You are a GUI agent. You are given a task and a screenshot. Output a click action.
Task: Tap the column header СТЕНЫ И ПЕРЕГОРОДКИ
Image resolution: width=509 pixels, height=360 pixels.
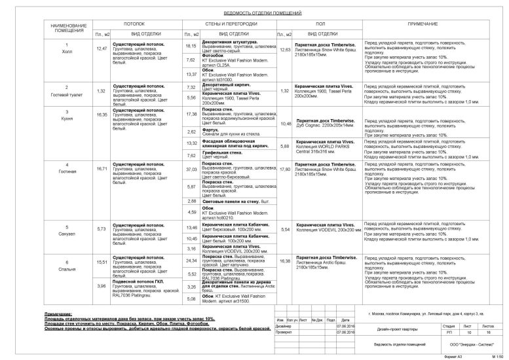point(229,23)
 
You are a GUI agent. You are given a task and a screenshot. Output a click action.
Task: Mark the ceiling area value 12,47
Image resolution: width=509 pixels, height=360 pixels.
point(102,48)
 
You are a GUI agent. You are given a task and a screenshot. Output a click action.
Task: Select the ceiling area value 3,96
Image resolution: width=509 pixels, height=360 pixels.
point(102,285)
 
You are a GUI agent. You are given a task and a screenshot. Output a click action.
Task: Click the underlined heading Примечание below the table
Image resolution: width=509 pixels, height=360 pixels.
point(58,314)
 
